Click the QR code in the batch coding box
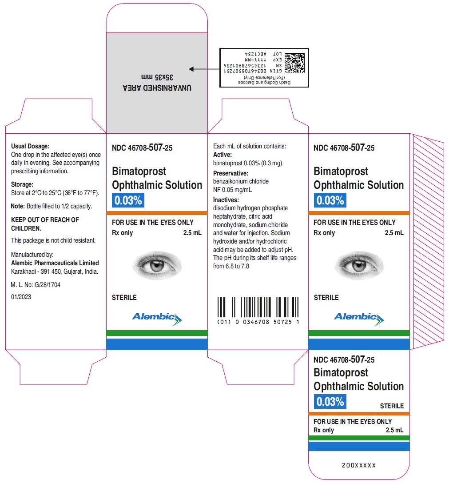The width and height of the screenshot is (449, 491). pos(294,63)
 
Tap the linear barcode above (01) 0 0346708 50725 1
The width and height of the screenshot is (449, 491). pos(258,307)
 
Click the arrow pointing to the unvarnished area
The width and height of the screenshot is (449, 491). pos(204,69)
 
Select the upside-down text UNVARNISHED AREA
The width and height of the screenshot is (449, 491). pos(157,88)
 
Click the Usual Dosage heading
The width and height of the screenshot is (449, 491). pos(30,146)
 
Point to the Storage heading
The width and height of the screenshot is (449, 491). pos(22,184)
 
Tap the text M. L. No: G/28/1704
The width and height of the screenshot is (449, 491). pos(36,285)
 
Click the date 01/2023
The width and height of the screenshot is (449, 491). pos(21,297)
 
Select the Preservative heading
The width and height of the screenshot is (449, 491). pos(230,173)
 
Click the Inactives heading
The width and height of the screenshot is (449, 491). pos(226,200)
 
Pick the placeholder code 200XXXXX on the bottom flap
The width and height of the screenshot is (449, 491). pos(359,465)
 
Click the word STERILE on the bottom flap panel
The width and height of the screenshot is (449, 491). pos(392,406)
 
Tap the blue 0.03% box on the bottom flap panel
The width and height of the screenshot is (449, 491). pos(330,401)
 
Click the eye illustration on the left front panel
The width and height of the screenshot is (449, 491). pos(157,265)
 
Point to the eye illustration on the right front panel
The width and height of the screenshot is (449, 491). pos(359,265)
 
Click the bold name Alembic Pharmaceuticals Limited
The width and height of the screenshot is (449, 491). pos(55,263)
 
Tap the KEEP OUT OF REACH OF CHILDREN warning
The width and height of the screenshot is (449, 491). pos(45,224)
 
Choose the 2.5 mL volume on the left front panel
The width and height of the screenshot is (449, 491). pos(192,233)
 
